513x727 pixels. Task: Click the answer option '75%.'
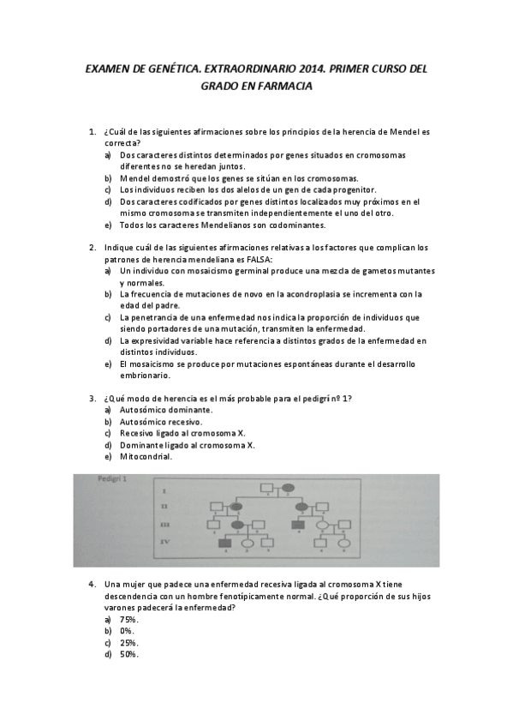(129, 619)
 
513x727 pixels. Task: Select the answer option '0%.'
(127, 631)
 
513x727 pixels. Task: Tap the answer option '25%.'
(129, 643)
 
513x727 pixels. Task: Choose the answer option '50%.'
(129, 655)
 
